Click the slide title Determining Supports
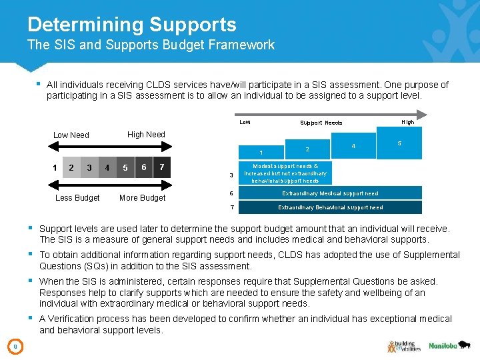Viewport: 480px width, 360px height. [131, 25]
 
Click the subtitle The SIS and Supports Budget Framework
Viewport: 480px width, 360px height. [151, 45]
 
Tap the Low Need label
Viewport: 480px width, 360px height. [71, 135]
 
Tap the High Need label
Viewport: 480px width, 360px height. [146, 134]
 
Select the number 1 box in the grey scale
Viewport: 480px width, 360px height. [55, 167]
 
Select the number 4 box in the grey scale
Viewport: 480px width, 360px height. [107, 168]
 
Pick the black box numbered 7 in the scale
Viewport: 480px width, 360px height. [162, 167]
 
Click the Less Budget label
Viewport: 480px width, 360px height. [77, 198]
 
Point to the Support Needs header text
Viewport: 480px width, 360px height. [321, 123]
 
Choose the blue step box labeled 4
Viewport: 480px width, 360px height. [353, 146]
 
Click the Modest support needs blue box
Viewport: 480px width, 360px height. [285, 173]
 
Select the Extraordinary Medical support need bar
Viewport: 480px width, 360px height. [329, 193]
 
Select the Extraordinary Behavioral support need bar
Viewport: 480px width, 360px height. [329, 207]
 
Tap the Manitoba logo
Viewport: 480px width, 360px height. [443, 346]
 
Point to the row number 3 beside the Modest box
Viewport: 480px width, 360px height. [231, 175]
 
